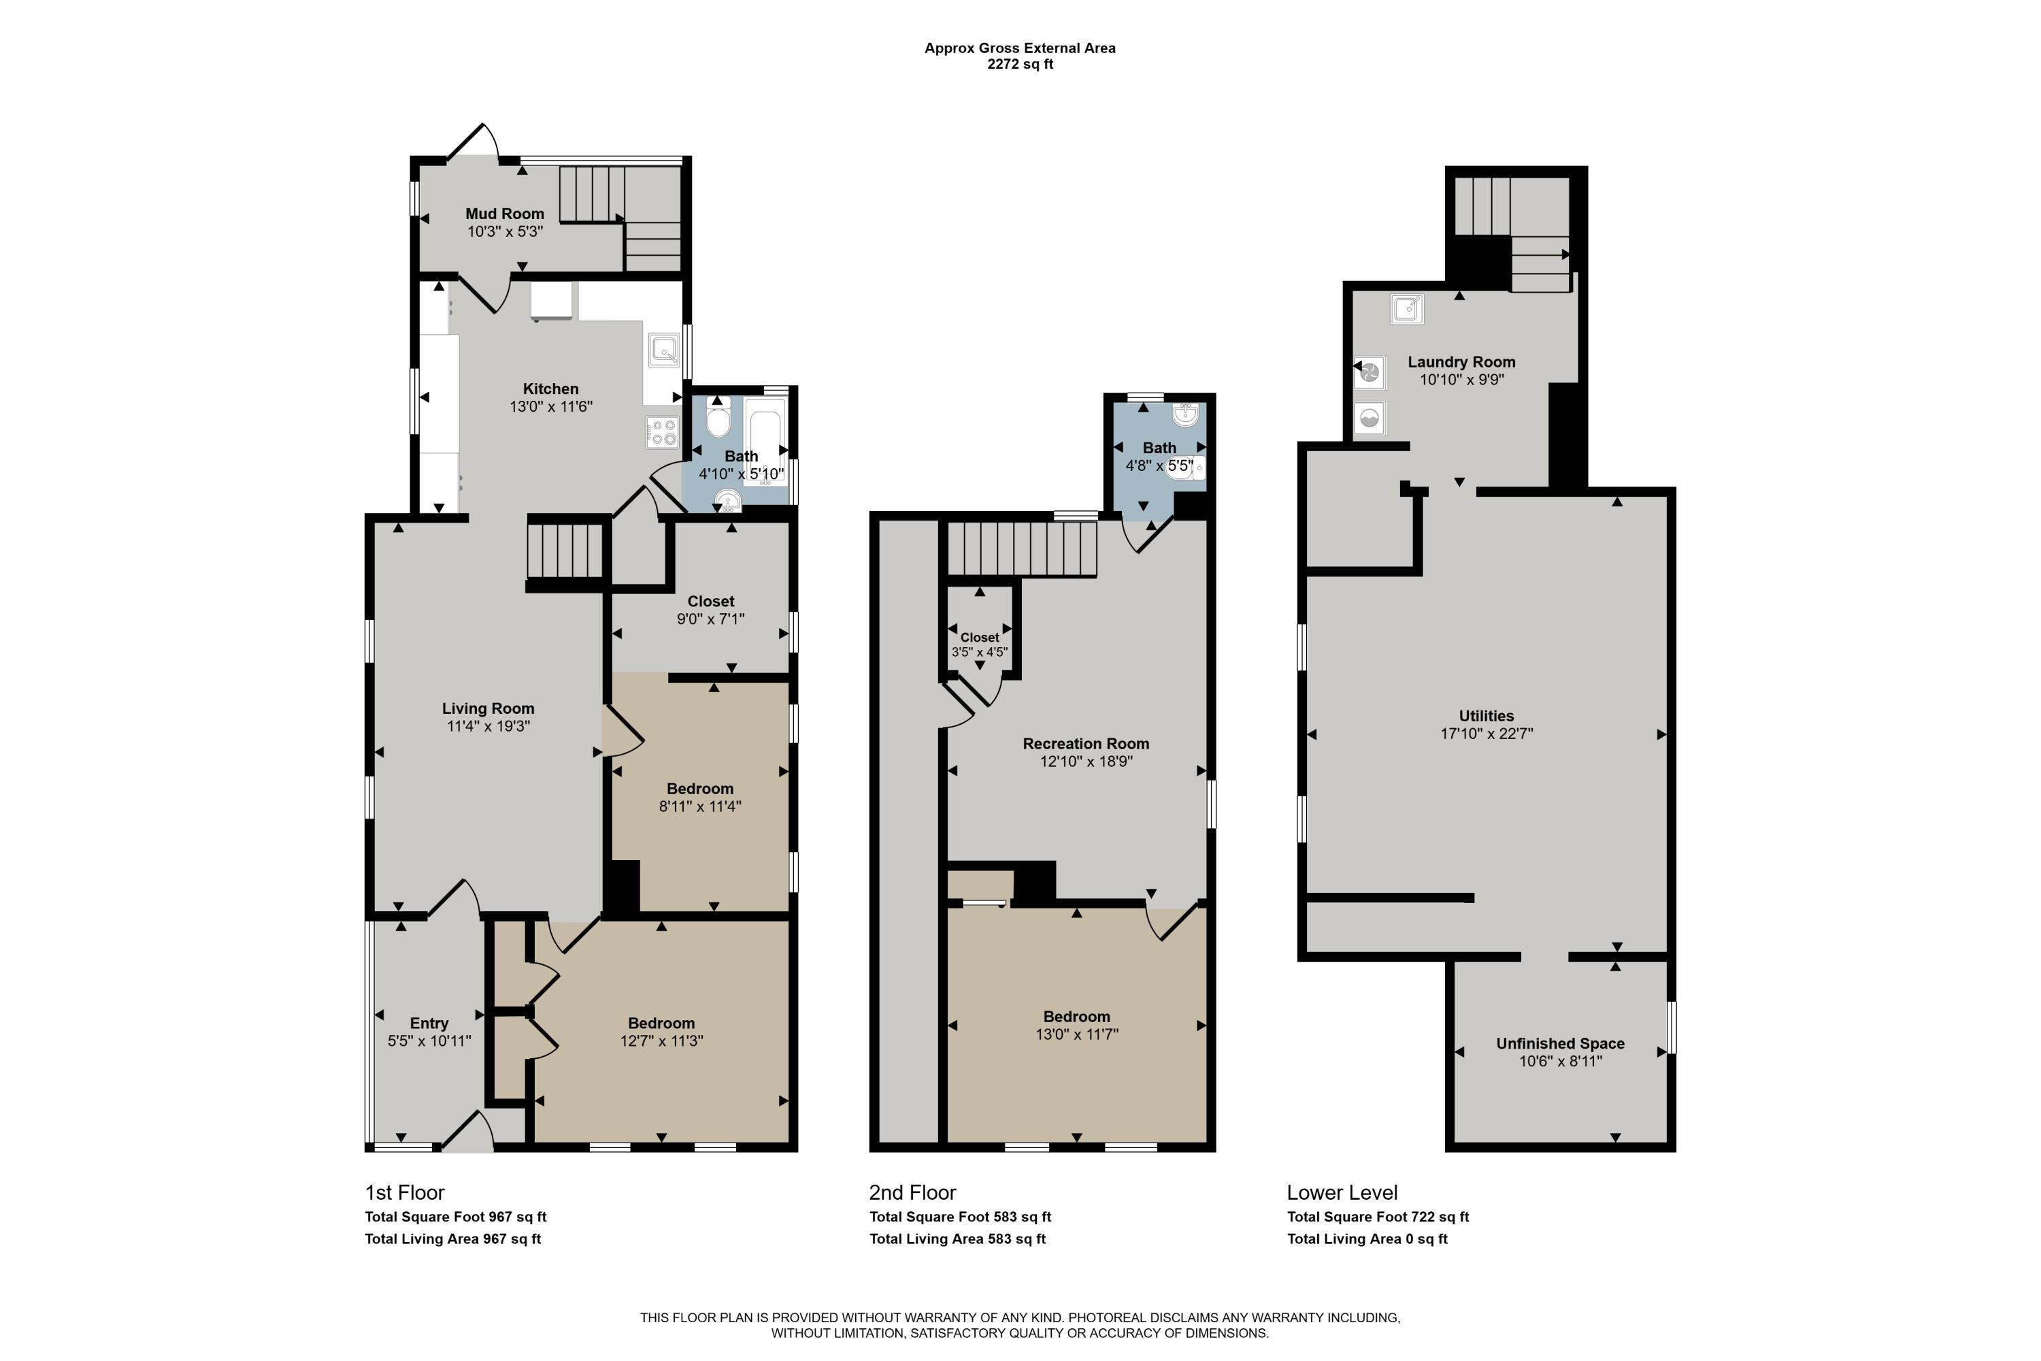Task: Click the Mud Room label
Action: pos(504,214)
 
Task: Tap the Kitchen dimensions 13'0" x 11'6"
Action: pos(550,406)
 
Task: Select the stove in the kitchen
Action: pos(662,432)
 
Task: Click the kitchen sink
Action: pos(664,350)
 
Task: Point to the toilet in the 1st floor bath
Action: pos(718,419)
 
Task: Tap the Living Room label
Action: pos(488,708)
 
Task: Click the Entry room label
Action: pos(429,1023)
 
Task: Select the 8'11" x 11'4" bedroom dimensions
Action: pos(699,806)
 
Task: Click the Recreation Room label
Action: pos(1086,744)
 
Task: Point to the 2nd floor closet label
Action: pos(979,637)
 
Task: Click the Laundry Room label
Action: pos(1461,362)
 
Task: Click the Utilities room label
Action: pos(1486,716)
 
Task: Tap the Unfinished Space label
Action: pos(1560,1043)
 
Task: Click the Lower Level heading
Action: pos(1342,1193)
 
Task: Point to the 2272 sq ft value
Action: pos(1020,64)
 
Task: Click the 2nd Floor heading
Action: pos(913,1193)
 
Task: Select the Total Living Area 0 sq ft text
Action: pos(1367,1239)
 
